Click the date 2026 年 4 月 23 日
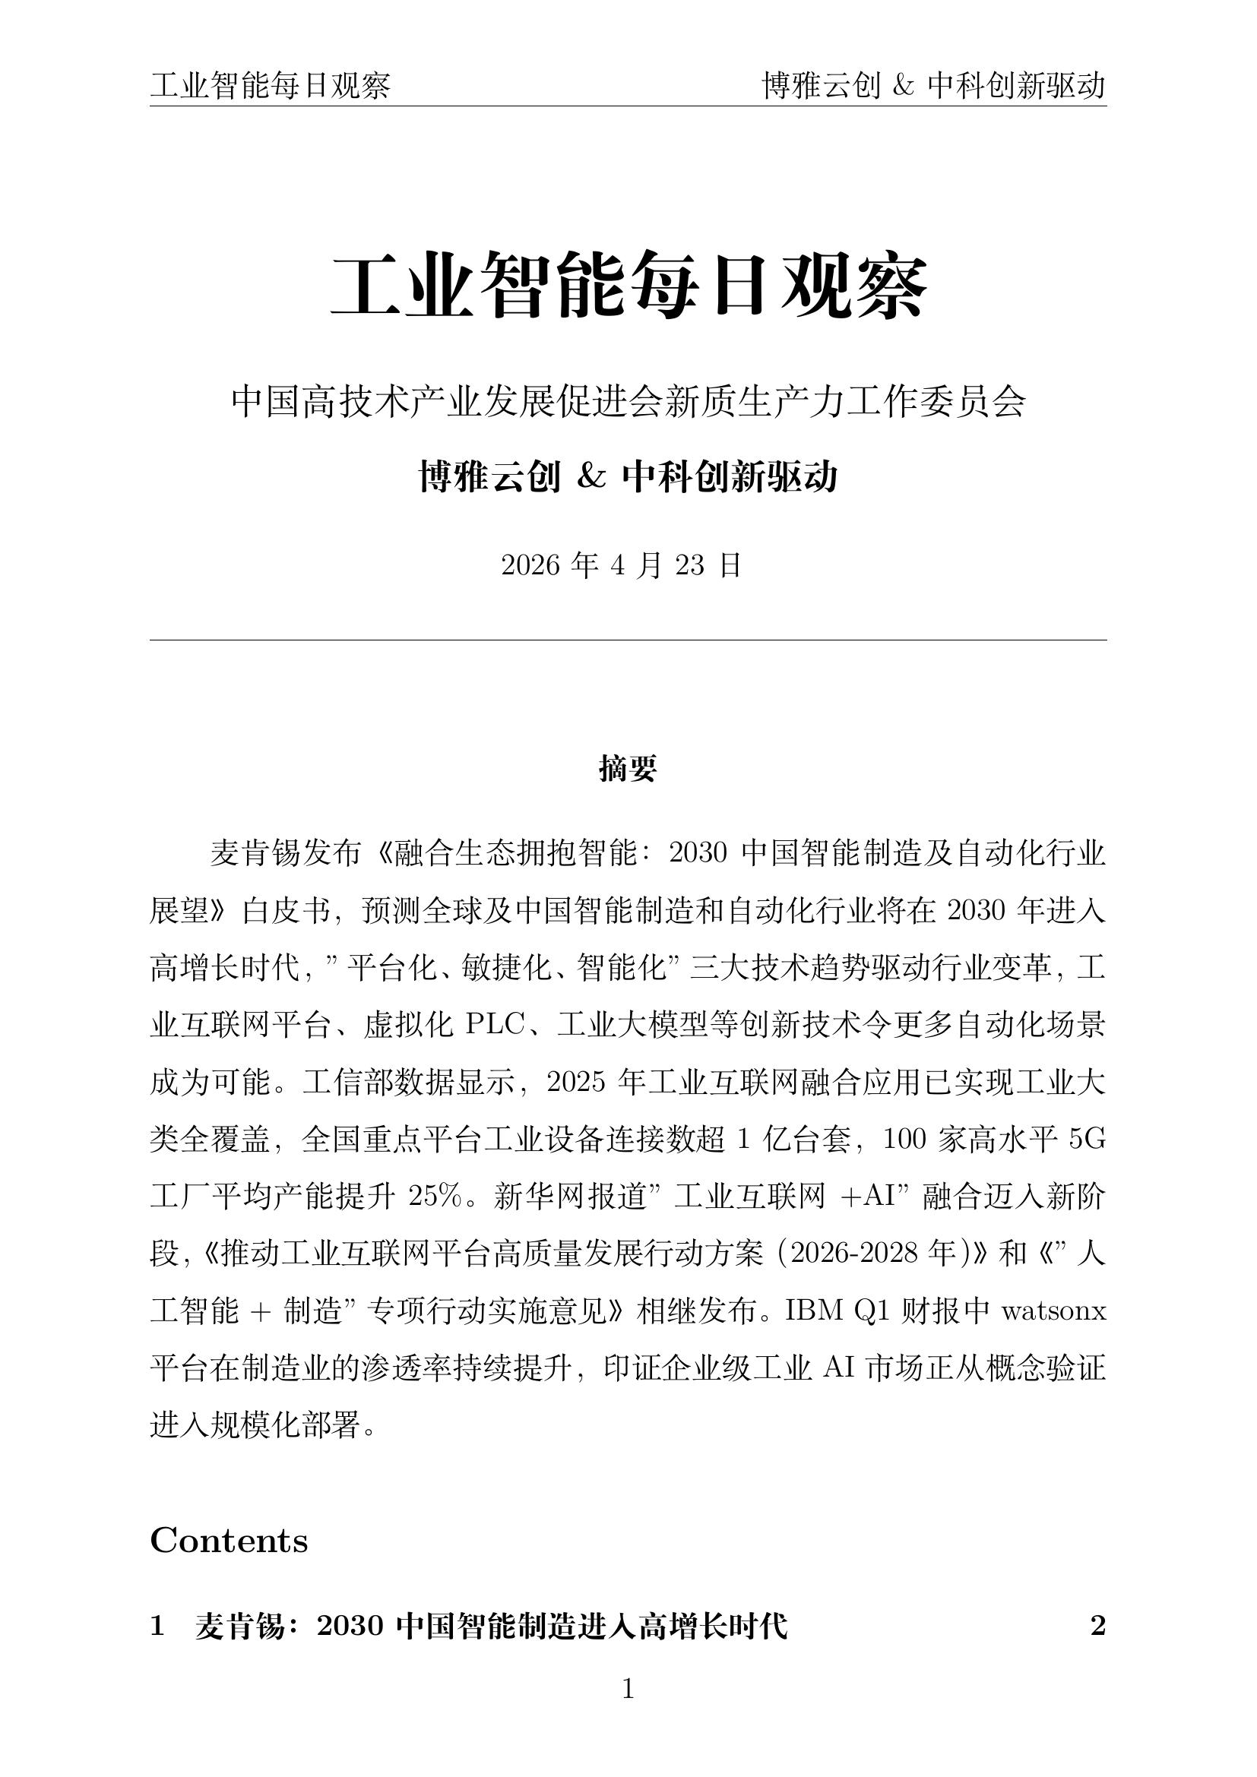[x=622, y=566]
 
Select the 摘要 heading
[x=628, y=769]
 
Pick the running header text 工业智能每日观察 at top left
[x=270, y=86]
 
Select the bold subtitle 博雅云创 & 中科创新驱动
[x=628, y=477]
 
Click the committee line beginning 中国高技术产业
[x=628, y=403]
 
